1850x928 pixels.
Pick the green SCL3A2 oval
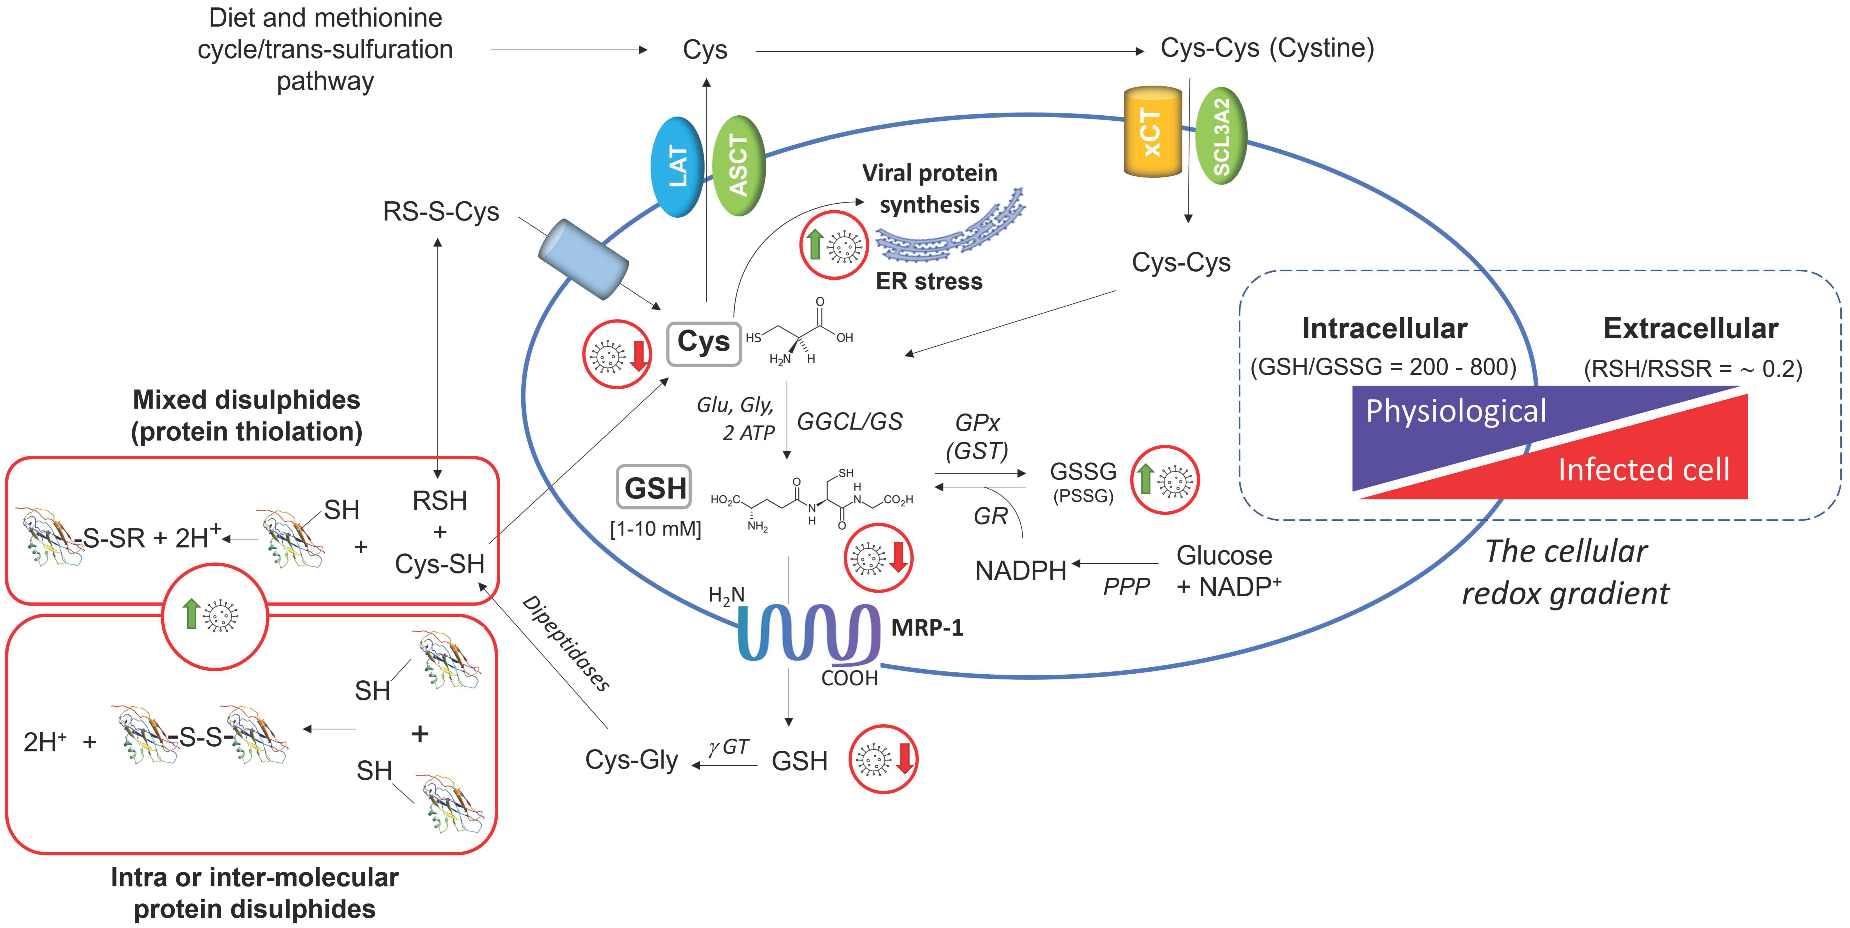(x=1221, y=136)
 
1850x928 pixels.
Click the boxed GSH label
(x=654, y=488)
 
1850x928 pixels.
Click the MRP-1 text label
(x=927, y=628)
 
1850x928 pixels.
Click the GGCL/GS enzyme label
(x=850, y=422)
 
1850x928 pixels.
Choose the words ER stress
(x=929, y=281)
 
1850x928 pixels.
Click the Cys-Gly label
(x=631, y=760)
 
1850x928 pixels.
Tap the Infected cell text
(x=1643, y=470)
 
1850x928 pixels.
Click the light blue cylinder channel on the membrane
(x=583, y=260)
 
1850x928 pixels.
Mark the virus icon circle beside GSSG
(x=1165, y=479)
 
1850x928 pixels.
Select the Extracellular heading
(x=1691, y=329)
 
